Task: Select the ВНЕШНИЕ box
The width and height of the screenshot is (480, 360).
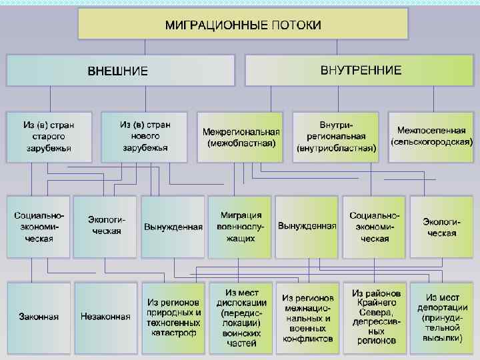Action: pos(119,70)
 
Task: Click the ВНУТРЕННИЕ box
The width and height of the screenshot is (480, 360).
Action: pos(361,69)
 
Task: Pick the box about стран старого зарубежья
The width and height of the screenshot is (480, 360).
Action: pos(48,137)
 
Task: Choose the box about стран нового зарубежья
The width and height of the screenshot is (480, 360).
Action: pos(145,136)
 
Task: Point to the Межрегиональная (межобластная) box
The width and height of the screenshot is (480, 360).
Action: pos(241,137)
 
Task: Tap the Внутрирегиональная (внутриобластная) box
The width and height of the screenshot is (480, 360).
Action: pos(336,137)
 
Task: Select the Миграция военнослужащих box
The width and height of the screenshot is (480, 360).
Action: pos(241,227)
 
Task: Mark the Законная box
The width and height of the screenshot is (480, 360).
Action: pos(39,316)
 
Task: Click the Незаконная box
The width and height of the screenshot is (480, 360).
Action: pos(105,316)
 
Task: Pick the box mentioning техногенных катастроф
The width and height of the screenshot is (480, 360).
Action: pos(173,316)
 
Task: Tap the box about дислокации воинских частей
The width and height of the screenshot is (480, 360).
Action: pos(241,317)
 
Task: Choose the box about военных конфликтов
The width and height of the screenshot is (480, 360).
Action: pos(307,317)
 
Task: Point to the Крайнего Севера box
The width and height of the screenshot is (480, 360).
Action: pos(375,317)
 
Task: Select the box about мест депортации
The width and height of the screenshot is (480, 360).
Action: pos(443,317)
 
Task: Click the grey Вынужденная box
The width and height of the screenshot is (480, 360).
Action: pos(173,227)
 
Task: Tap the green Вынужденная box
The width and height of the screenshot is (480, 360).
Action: pos(307,227)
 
